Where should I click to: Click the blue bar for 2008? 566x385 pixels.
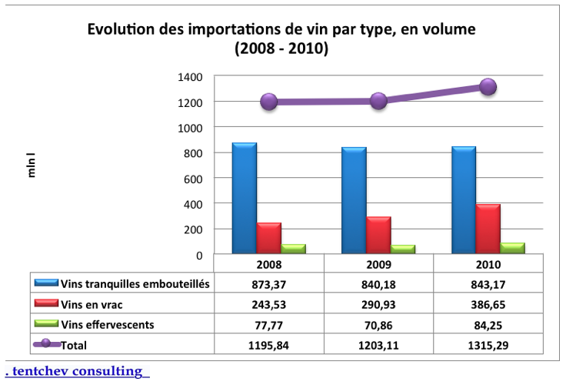tap(245, 199)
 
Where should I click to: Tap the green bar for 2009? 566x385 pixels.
tap(402, 249)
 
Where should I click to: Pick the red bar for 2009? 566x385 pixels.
tap(378, 236)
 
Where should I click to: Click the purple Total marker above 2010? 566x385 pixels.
tap(488, 87)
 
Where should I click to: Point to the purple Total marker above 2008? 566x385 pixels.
tap(268, 102)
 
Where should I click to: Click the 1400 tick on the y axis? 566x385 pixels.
tap(191, 77)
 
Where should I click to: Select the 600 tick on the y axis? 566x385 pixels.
tap(194, 179)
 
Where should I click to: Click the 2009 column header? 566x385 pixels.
tap(378, 265)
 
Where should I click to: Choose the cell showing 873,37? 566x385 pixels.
tap(268, 283)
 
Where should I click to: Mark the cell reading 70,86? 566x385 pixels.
tap(378, 324)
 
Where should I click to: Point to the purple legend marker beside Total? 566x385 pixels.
tap(48, 343)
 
